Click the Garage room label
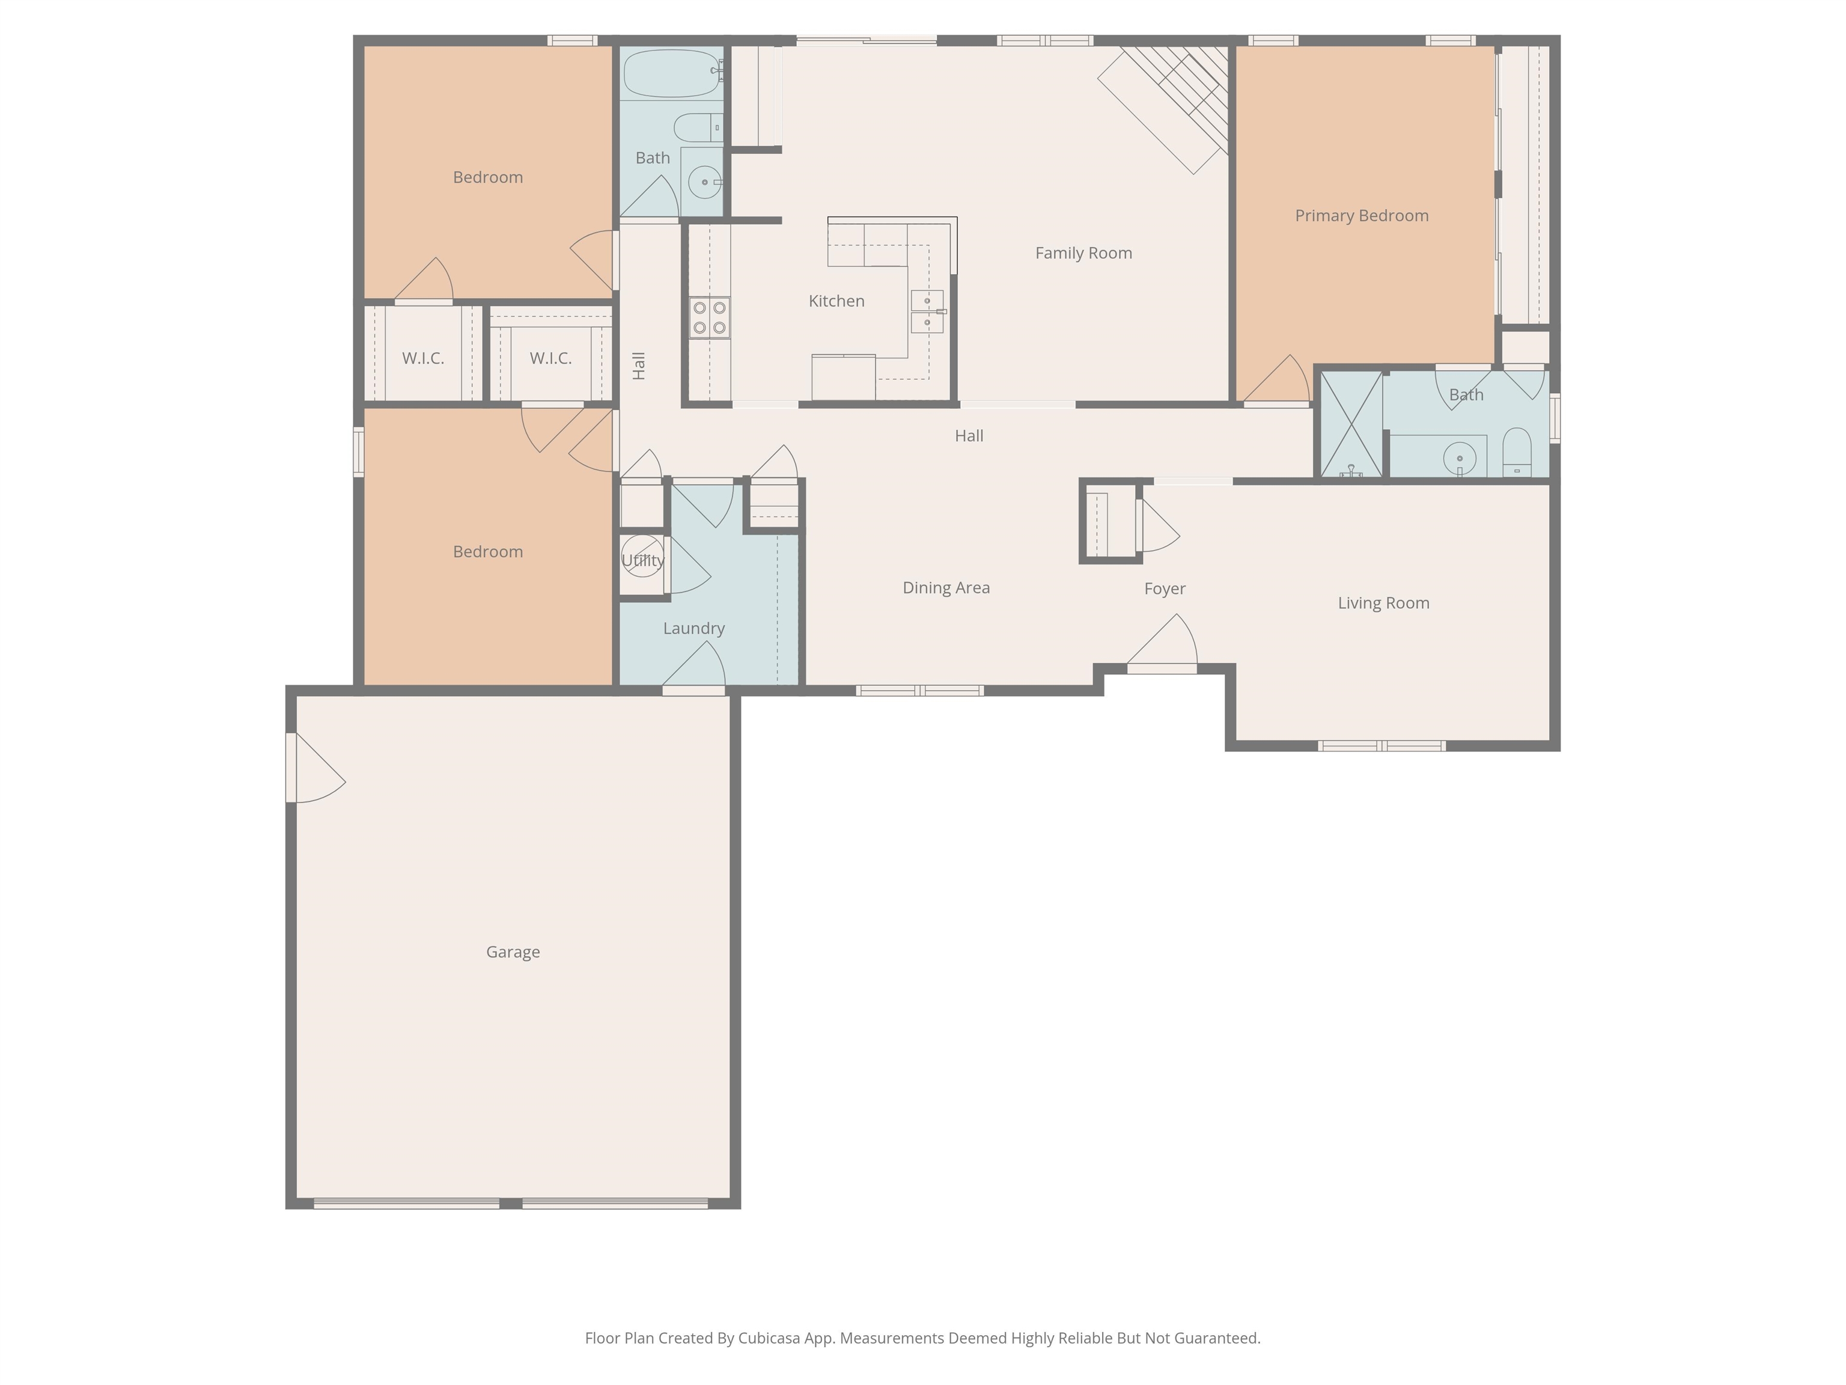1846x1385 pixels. click(513, 952)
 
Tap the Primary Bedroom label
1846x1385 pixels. click(1361, 215)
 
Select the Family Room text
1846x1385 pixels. click(1083, 253)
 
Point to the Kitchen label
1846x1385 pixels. click(836, 301)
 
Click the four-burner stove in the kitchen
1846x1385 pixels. click(709, 318)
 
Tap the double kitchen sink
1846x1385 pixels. click(927, 311)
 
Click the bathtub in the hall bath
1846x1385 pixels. click(670, 73)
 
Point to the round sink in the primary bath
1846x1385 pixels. click(1460, 458)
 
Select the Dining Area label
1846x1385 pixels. click(945, 588)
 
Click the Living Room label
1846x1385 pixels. click(1383, 603)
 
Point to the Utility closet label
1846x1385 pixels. click(642, 561)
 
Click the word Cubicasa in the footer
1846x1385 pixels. click(769, 1338)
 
